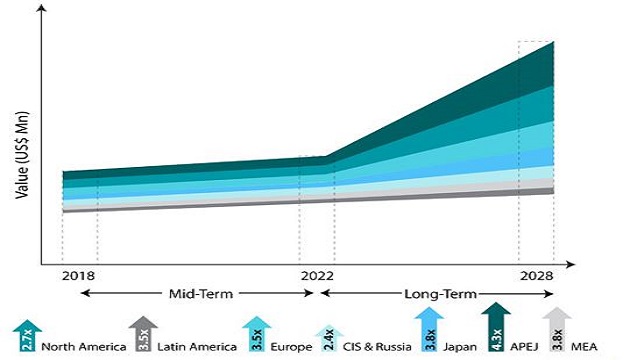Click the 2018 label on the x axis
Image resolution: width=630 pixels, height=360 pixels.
click(77, 276)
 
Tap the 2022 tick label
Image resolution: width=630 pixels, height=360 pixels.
click(317, 276)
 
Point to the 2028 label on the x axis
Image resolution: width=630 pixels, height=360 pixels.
click(536, 276)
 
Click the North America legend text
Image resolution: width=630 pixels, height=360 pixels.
click(84, 346)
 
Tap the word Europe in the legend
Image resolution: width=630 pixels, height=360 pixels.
click(290, 346)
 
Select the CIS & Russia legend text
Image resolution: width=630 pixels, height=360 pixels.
click(371, 346)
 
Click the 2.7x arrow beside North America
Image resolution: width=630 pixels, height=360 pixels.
click(24, 334)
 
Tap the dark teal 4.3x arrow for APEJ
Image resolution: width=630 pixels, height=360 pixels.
click(493, 326)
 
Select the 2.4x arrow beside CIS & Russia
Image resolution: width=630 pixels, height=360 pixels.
click(329, 338)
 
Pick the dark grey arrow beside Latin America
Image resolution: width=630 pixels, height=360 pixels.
click(140, 334)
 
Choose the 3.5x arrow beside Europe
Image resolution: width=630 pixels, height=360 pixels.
click(257, 334)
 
